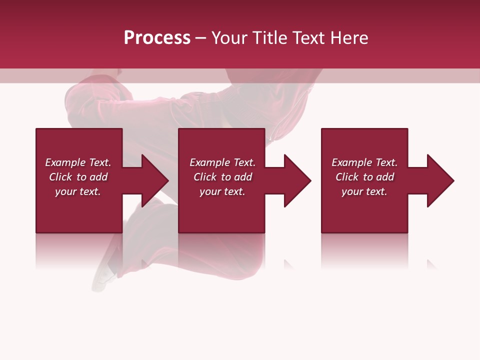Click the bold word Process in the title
(x=157, y=38)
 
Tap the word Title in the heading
(x=269, y=38)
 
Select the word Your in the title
(x=230, y=38)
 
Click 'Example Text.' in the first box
(x=78, y=162)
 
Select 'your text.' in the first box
(x=78, y=191)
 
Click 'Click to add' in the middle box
(x=222, y=177)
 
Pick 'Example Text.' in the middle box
(x=222, y=162)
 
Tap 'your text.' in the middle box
(x=222, y=191)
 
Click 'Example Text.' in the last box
(x=364, y=162)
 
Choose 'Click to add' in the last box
(x=364, y=177)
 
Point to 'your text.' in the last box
(x=364, y=191)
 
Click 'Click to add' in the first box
(x=78, y=177)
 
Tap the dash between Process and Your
(x=200, y=38)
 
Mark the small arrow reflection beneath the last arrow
(x=431, y=264)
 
